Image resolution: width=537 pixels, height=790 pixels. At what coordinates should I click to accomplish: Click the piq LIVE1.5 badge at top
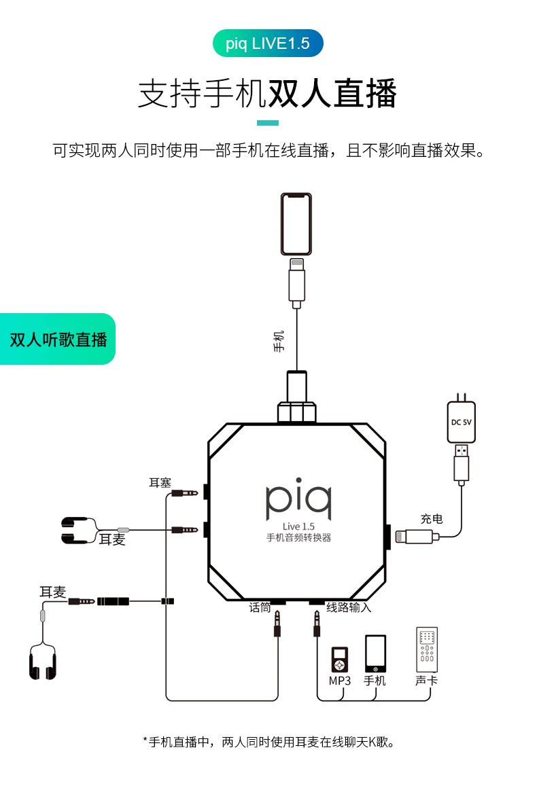(x=268, y=43)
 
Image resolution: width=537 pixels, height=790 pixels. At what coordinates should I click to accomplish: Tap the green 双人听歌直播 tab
(x=58, y=339)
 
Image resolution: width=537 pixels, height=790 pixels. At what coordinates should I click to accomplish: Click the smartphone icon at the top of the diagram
(x=296, y=224)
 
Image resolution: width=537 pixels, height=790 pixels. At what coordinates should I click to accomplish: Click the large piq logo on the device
(x=298, y=499)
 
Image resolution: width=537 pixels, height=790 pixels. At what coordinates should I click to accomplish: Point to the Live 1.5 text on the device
(x=298, y=526)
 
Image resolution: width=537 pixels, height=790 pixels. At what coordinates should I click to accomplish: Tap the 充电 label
(x=432, y=519)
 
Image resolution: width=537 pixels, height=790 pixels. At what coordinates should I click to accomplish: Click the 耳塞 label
(x=160, y=483)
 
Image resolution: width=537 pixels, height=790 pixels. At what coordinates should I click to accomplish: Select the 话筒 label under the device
(x=260, y=608)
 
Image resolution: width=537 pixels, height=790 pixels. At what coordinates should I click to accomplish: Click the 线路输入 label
(x=349, y=608)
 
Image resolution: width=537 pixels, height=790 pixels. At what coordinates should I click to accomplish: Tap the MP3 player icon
(x=339, y=659)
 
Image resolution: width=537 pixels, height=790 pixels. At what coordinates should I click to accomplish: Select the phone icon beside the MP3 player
(x=375, y=653)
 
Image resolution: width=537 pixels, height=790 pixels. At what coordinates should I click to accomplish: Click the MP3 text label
(x=339, y=681)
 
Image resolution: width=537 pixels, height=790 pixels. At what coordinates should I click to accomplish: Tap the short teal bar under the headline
(x=268, y=123)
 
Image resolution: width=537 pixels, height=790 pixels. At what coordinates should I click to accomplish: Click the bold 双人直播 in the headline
(x=332, y=93)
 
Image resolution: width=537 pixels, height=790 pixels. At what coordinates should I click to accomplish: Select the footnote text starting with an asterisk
(x=268, y=742)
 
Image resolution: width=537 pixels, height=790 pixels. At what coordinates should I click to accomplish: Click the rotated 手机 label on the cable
(x=279, y=341)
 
